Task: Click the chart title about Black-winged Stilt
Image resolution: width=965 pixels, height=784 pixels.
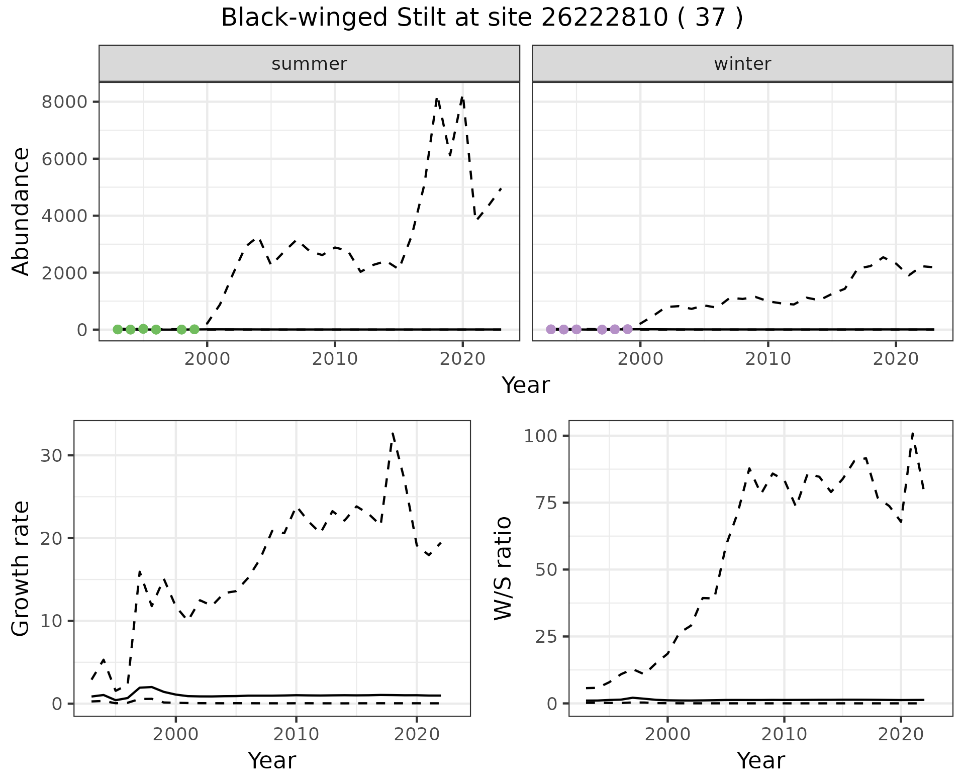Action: [x=481, y=18]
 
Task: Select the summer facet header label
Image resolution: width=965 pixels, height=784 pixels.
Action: [x=309, y=64]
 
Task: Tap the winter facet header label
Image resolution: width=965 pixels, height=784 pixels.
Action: [x=742, y=64]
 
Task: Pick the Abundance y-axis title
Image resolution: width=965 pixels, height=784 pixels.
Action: [x=21, y=211]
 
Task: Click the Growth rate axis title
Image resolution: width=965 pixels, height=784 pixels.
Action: [x=21, y=568]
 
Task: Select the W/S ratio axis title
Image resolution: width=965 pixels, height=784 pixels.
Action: [x=503, y=568]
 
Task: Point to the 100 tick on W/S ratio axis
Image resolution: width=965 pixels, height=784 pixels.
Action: [x=541, y=436]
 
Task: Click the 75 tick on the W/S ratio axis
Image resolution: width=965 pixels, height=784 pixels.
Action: [x=547, y=503]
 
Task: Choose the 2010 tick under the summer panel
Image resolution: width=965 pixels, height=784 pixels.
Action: [x=335, y=359]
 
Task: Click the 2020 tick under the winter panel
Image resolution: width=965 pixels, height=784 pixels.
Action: [x=896, y=359]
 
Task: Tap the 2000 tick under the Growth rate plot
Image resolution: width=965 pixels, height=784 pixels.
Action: [x=175, y=734]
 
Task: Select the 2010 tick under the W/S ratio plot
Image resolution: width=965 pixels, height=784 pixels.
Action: [x=784, y=734]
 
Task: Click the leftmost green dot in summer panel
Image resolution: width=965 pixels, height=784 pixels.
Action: [x=118, y=329]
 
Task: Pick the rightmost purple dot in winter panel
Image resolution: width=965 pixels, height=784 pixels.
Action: [x=627, y=329]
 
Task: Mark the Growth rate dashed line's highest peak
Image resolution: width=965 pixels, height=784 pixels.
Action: [x=393, y=432]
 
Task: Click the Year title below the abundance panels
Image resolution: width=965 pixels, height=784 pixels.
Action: [x=526, y=385]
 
